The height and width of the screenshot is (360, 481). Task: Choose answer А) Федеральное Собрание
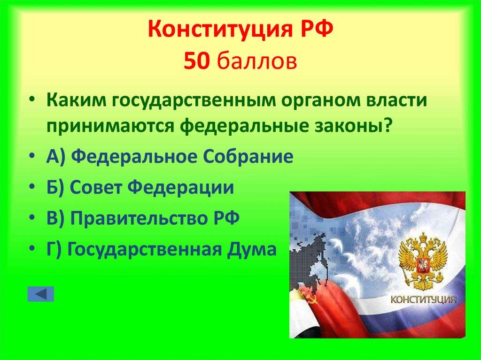pos(170,156)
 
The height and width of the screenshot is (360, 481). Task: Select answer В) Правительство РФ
pos(143,218)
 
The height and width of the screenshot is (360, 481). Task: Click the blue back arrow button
pos(41,294)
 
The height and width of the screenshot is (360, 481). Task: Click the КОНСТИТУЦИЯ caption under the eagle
pos(424,300)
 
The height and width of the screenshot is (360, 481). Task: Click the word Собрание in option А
pos(254,156)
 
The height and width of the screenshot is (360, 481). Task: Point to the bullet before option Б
pos(37,188)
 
